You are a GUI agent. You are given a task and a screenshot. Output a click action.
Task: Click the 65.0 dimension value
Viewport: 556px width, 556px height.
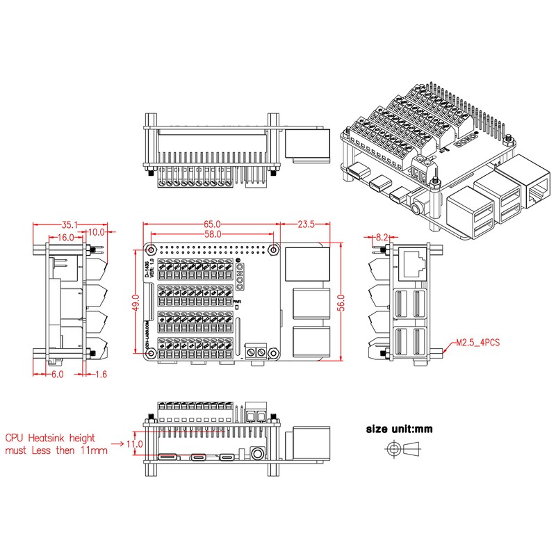click(213, 224)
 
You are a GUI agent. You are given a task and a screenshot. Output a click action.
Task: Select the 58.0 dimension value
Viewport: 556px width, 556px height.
click(213, 236)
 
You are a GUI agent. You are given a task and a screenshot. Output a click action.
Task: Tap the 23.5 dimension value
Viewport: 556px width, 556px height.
click(306, 224)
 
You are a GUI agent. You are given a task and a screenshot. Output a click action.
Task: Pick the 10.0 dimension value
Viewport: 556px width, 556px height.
click(97, 232)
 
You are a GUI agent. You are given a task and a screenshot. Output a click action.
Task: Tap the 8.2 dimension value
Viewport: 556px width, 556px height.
click(382, 237)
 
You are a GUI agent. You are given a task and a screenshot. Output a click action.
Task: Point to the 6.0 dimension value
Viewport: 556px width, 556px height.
click(57, 374)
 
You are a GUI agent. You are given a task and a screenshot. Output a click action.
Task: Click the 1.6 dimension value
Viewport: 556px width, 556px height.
click(101, 374)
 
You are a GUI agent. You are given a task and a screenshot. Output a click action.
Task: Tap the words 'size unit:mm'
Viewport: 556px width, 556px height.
click(399, 429)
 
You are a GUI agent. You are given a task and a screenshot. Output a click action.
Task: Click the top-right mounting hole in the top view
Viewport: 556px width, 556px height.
click(273, 250)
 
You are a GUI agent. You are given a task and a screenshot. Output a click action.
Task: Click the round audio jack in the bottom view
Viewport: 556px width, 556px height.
click(257, 456)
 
